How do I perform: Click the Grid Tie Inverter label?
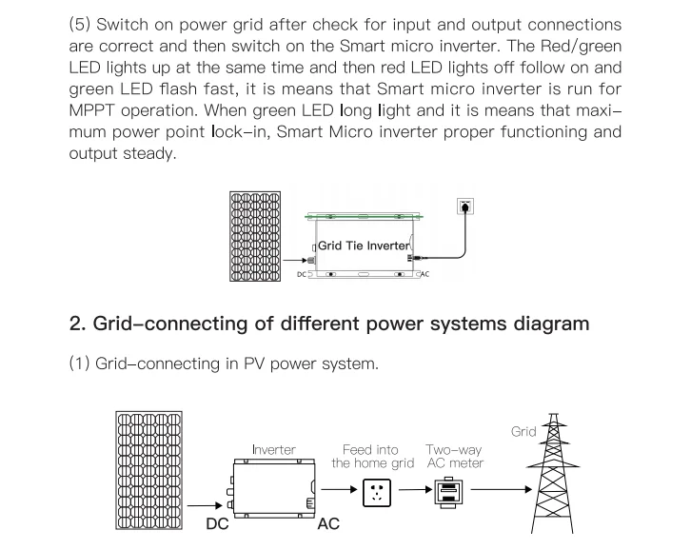(364, 246)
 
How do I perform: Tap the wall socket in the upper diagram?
(465, 206)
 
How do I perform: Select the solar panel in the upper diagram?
(255, 236)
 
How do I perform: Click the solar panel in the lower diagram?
(148, 470)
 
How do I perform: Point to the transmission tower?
(554, 474)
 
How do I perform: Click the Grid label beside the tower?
(523, 431)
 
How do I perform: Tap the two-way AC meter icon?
(448, 492)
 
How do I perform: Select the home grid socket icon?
(377, 493)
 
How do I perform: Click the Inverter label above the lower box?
(274, 449)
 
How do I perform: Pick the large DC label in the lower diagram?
(217, 523)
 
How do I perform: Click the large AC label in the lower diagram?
(328, 523)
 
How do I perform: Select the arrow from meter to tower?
(502, 489)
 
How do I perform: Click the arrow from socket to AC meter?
(416, 489)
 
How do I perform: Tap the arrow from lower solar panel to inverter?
(205, 505)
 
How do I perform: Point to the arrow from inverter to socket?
(339, 489)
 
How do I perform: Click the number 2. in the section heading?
(77, 324)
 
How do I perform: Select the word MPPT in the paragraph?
(91, 110)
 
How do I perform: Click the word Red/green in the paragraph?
(581, 46)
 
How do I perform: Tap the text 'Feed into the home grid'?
(372, 456)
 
